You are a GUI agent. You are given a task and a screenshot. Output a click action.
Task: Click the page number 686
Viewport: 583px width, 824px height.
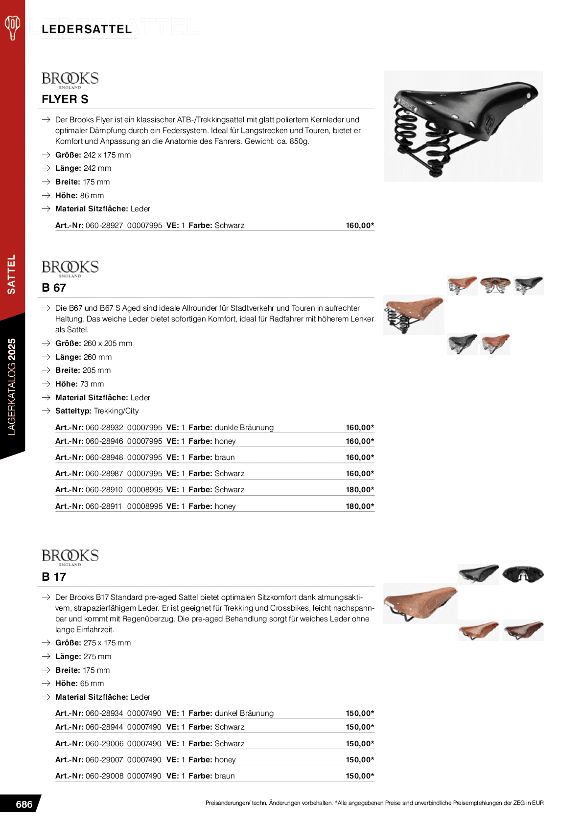[x=24, y=804]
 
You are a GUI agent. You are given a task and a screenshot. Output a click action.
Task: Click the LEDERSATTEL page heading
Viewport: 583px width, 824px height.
[x=87, y=29]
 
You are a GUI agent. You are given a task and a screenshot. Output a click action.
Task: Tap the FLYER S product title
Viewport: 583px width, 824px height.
[x=65, y=99]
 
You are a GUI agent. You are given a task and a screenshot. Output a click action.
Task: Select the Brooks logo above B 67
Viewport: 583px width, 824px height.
[x=70, y=268]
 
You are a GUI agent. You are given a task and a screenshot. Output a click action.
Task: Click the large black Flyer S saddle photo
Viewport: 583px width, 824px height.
[x=463, y=126]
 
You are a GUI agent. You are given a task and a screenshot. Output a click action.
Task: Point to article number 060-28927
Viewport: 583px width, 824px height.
[x=104, y=226]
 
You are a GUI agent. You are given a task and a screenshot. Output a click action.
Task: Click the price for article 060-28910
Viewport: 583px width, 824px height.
[x=360, y=490]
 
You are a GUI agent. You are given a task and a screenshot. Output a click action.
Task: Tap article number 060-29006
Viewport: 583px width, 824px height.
[x=104, y=744]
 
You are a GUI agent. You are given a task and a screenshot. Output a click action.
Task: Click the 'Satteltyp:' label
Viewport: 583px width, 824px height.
[x=73, y=411]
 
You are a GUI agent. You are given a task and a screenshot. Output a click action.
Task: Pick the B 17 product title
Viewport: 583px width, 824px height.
[x=54, y=577]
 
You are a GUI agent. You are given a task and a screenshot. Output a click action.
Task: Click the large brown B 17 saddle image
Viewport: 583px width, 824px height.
[x=420, y=603]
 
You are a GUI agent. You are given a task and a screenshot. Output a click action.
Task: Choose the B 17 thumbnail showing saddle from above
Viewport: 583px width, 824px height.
[x=523, y=574]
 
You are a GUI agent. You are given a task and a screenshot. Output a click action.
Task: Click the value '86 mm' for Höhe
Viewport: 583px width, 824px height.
[x=92, y=196]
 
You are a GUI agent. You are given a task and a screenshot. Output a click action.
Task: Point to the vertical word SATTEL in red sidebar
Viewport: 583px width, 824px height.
[x=11, y=274]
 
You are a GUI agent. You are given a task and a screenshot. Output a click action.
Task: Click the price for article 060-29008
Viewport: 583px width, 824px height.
[x=360, y=776]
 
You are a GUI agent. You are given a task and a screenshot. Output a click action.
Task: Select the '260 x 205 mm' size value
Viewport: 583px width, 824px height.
[x=108, y=343]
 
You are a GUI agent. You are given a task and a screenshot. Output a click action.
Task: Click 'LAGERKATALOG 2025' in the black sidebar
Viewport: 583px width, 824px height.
[x=12, y=387]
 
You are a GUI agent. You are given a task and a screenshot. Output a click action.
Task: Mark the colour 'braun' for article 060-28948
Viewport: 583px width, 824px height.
[x=225, y=458]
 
